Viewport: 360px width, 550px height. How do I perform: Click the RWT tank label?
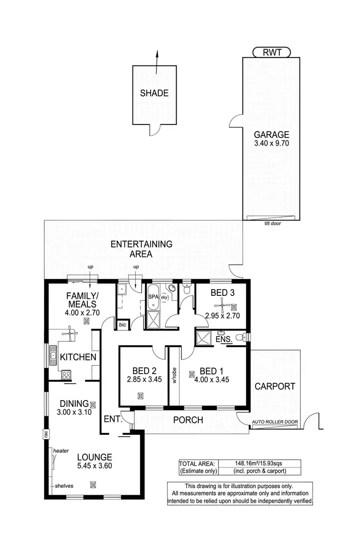[x=271, y=52]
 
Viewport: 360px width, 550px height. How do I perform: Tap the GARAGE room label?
[x=271, y=134]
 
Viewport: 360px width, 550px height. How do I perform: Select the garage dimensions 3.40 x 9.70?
[x=271, y=143]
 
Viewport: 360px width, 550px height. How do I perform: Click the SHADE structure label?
[x=154, y=93]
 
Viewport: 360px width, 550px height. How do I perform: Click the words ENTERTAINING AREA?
[x=141, y=249]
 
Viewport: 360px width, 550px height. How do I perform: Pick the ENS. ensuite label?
[x=225, y=339]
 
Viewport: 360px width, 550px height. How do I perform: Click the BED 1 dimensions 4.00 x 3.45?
[x=214, y=380]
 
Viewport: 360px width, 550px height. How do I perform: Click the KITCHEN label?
[x=78, y=357]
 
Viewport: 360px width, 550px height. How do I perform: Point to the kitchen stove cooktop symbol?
[x=66, y=374]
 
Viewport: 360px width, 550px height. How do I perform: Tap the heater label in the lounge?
[x=61, y=451]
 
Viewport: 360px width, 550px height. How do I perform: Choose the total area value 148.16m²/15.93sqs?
[x=259, y=464]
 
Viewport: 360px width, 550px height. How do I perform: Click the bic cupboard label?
[x=122, y=325]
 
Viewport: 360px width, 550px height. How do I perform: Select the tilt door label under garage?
[x=272, y=223]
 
